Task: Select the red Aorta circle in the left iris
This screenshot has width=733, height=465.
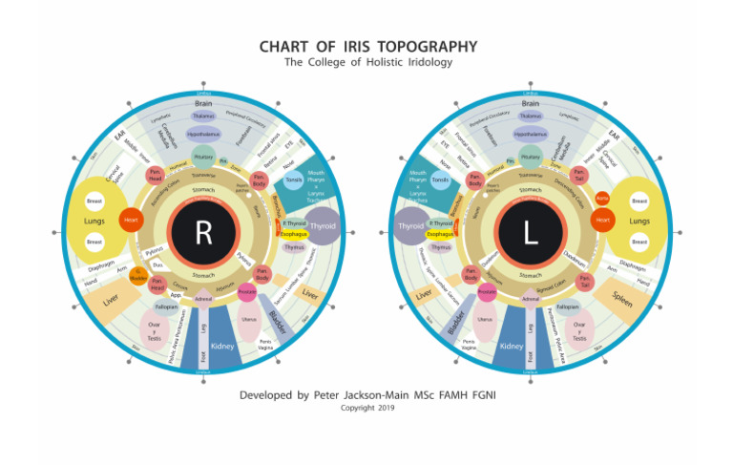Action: pyautogui.click(x=602, y=199)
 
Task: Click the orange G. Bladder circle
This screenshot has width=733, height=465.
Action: pyautogui.click(x=137, y=274)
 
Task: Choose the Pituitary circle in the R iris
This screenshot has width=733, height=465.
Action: pyautogui.click(x=203, y=157)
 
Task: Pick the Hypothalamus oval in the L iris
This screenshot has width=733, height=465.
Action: pyautogui.click(x=530, y=135)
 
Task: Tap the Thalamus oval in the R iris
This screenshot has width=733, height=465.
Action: pyautogui.click(x=202, y=116)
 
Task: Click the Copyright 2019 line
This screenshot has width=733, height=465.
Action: pyautogui.click(x=366, y=408)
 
